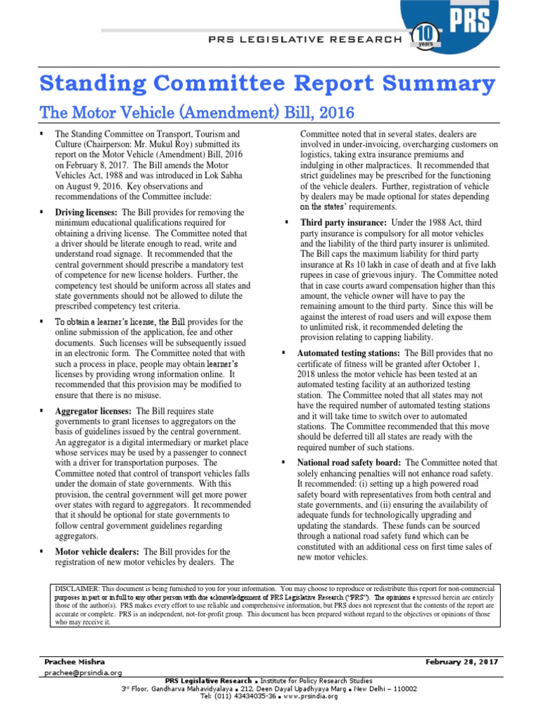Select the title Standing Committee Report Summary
tap(267, 85)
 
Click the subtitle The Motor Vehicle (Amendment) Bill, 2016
tap(198, 112)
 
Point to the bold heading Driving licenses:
tap(88, 212)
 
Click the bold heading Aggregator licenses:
tap(93, 410)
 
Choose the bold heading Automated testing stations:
tap(350, 353)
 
